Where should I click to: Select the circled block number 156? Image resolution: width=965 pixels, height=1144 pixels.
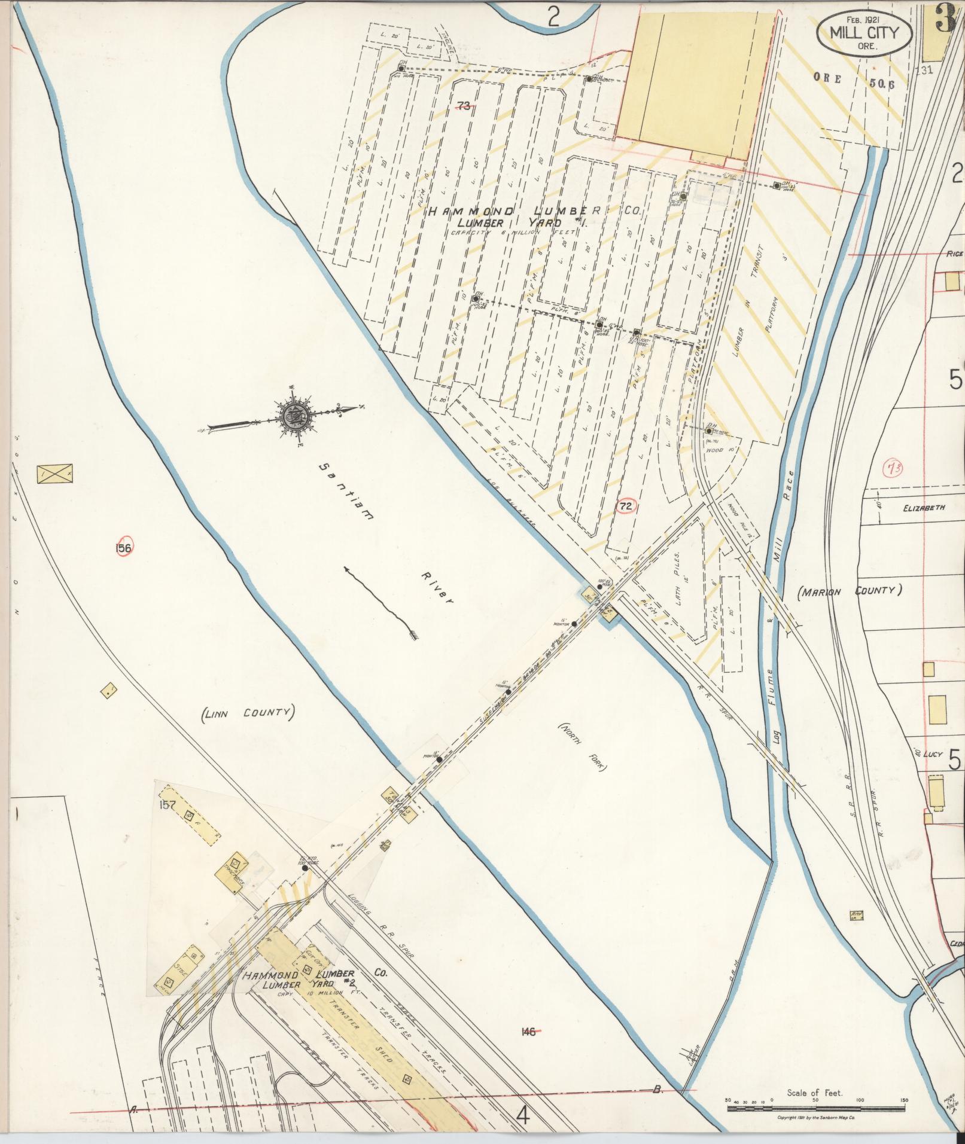click(x=125, y=547)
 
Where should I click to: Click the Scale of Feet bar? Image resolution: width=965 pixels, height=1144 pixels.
click(x=817, y=1107)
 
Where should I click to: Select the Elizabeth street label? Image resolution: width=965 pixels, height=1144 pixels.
click(x=924, y=508)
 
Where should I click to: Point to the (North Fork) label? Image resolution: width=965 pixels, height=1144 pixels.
click(x=580, y=745)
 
